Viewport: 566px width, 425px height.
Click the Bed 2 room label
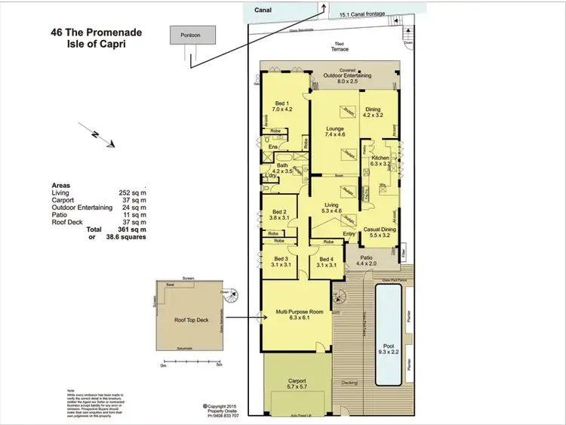278,215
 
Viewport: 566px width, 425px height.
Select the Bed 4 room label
327,261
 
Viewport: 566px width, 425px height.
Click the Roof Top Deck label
190,320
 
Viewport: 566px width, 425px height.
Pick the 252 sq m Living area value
133,193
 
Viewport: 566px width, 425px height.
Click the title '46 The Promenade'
95,33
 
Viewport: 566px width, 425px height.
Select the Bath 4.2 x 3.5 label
282,168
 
